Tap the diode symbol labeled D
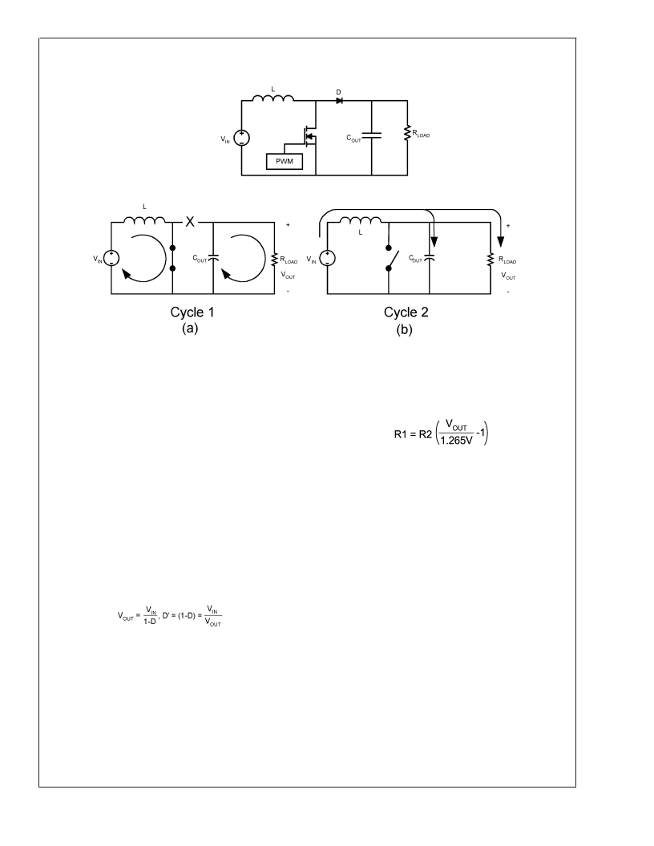338,102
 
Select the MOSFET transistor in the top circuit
309,137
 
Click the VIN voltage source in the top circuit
241,139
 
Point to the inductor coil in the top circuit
273,99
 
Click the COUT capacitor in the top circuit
371,137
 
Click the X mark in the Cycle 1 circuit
190,222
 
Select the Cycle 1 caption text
185,314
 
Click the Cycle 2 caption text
406,314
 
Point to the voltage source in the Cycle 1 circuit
111,258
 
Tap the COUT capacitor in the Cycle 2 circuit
430,258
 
